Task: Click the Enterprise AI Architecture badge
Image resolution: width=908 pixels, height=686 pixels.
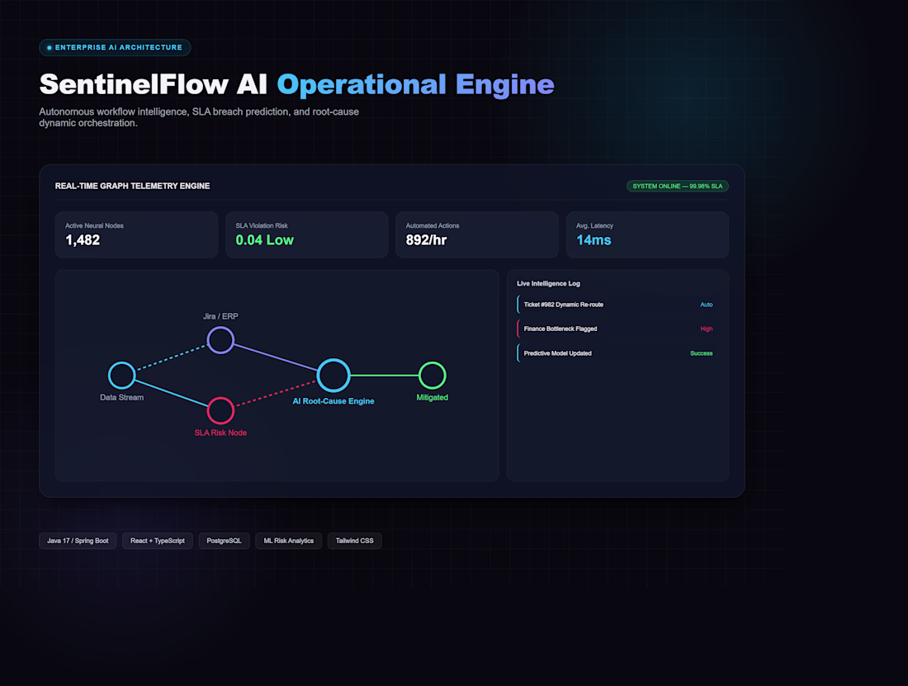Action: click(x=115, y=48)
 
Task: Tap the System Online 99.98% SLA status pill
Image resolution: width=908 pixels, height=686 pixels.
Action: click(x=677, y=186)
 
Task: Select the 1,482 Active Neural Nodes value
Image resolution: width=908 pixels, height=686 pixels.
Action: click(x=83, y=240)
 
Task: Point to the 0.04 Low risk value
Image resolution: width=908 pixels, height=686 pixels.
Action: click(x=265, y=240)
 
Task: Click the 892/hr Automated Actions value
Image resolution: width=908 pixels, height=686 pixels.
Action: click(x=426, y=240)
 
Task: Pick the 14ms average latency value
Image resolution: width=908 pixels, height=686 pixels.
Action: click(x=594, y=240)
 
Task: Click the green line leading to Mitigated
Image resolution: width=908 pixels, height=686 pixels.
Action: click(x=385, y=375)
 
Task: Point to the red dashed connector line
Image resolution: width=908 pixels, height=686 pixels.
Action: click(x=276, y=394)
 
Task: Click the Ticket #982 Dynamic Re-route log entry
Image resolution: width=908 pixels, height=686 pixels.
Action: click(x=617, y=305)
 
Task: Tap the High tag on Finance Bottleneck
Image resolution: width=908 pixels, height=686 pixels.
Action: click(x=707, y=329)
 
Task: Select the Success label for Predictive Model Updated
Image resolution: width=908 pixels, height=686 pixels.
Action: click(x=702, y=353)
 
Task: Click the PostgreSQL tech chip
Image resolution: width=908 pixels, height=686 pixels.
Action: click(x=224, y=541)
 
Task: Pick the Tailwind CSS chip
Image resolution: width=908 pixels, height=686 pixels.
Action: click(x=354, y=541)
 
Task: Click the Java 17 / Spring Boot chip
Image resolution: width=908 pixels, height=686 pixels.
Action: click(x=78, y=541)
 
